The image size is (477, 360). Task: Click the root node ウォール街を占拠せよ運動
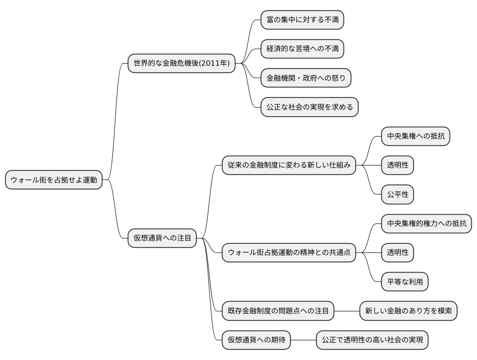(54, 180)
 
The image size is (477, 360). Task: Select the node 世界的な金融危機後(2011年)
(182, 63)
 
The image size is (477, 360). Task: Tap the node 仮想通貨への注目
(162, 238)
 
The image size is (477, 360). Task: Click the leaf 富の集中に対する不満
(302, 20)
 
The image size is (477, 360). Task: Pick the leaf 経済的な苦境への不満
(302, 49)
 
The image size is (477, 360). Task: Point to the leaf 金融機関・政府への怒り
(306, 78)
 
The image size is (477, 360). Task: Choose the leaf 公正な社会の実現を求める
(309, 107)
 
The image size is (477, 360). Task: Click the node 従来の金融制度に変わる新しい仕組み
(289, 166)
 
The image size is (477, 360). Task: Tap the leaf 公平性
(397, 194)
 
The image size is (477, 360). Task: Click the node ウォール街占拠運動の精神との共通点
(289, 253)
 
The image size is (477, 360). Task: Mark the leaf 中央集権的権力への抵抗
(426, 223)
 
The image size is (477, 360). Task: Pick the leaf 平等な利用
(405, 282)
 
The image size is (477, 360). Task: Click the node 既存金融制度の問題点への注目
(278, 311)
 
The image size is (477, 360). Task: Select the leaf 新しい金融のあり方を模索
(408, 311)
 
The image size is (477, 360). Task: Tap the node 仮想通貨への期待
(256, 340)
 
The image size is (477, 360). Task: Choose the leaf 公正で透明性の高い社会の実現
(372, 340)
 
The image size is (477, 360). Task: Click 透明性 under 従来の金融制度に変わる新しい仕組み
(397, 166)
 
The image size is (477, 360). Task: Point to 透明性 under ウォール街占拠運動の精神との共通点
(397, 253)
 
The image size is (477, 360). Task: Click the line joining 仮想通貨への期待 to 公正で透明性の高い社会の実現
(303, 340)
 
